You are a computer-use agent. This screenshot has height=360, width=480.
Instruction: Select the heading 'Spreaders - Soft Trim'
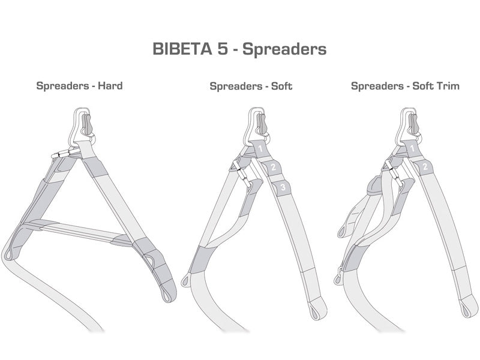click(405, 86)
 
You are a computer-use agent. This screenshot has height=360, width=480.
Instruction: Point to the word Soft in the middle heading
click(281, 86)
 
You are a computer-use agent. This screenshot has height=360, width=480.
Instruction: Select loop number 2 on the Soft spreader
click(273, 167)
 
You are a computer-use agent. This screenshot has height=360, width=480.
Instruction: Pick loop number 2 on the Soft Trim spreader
click(425, 166)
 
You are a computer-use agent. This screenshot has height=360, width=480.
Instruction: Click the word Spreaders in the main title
click(287, 49)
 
